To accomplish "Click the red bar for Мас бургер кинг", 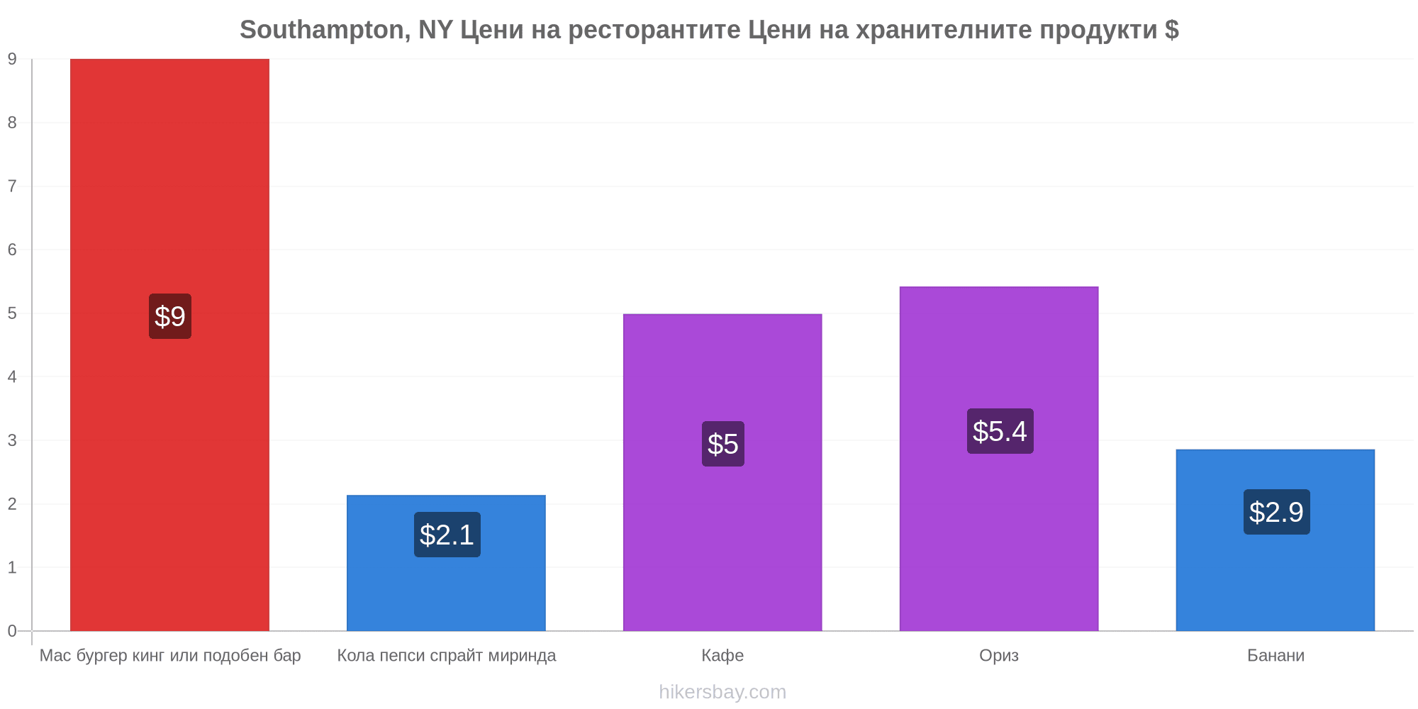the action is (x=169, y=345).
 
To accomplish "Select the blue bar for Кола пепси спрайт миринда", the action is (x=446, y=563).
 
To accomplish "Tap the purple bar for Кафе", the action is (x=722, y=472).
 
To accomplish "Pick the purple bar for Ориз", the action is (x=999, y=459).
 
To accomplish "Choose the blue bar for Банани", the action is (x=1275, y=540).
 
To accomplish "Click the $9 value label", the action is (x=170, y=316).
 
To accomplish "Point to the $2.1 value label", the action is (x=447, y=535).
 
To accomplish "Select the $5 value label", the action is (x=723, y=444).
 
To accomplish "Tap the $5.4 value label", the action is (x=1000, y=431).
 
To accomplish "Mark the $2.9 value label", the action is (x=1277, y=512).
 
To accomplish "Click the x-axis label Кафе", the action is (x=722, y=655).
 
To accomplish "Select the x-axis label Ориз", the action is (x=999, y=655).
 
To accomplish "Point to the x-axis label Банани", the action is (x=1275, y=655).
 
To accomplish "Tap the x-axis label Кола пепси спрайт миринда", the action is (x=447, y=655).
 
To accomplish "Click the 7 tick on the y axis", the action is (x=12, y=186).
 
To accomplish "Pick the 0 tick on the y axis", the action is (x=12, y=631).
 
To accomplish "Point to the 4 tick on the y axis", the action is (x=12, y=377).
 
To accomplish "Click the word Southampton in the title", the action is (x=322, y=30).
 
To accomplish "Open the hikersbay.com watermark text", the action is (x=722, y=692).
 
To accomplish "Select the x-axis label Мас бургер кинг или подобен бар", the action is (x=170, y=655).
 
